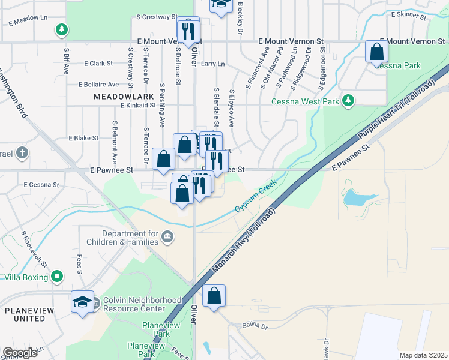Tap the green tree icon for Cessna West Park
[346, 99]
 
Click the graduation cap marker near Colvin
[82, 302]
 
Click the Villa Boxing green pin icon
[57, 277]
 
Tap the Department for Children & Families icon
[167, 238]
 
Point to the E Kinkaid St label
[139, 106]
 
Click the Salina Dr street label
[255, 326]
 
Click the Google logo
[20, 353]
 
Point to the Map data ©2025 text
[423, 355]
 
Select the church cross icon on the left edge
[22, 152]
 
